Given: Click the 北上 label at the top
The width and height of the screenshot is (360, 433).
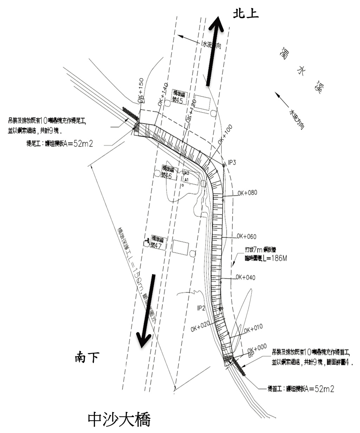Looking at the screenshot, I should tap(246, 13).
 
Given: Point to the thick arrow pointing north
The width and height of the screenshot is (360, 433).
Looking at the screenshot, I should tap(213, 53).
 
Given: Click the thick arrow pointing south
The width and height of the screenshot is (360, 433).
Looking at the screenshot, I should tap(147, 310).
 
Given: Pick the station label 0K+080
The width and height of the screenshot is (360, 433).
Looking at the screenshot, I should tap(247, 193).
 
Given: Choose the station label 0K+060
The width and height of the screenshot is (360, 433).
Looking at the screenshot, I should tap(246, 236).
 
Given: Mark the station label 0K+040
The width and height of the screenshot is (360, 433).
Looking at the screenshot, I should tap(245, 278).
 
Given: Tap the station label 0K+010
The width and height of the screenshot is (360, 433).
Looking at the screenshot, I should tap(253, 329).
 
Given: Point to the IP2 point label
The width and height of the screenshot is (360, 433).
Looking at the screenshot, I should tap(201, 308).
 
